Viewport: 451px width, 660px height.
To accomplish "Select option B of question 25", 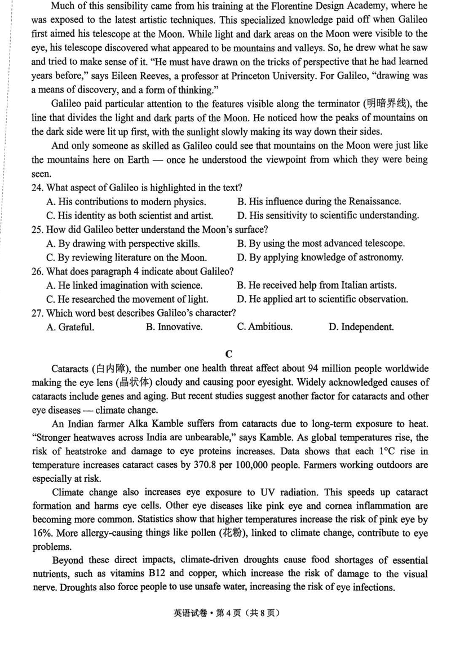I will [x=321, y=243].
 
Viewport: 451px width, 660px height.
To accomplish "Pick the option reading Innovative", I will [x=174, y=327].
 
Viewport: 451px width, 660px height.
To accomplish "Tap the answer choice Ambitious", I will [x=264, y=327].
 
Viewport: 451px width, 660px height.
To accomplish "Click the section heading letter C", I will [x=228, y=354].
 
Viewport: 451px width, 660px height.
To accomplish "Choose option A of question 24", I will [x=126, y=201].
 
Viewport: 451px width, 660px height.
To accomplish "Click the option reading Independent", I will [x=361, y=327].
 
